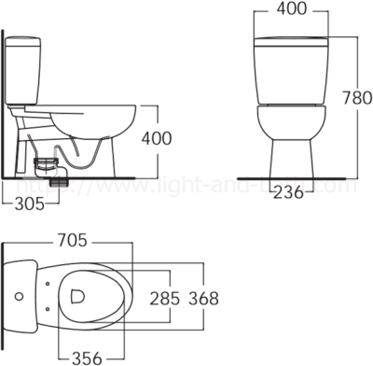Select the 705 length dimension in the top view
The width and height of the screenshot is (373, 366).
click(x=74, y=240)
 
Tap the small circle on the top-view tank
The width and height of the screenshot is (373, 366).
click(x=20, y=296)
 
